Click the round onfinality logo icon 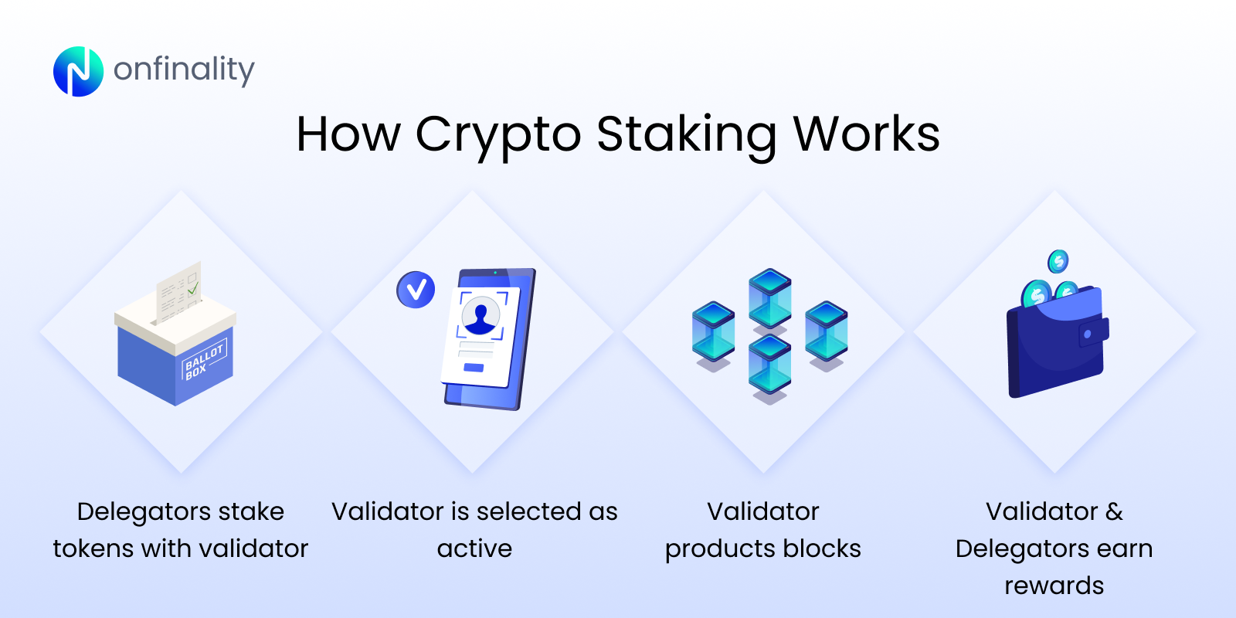[x=78, y=71]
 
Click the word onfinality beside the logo [x=184, y=70]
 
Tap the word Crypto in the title [x=498, y=134]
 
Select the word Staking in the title [x=686, y=134]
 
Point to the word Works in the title [x=866, y=134]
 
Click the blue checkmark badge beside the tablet [x=416, y=290]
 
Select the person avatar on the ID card [x=480, y=316]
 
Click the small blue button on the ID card [x=474, y=368]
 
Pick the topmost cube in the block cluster [x=770, y=297]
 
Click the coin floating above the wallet [x=1058, y=262]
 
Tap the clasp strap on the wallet [x=1093, y=333]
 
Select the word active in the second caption [x=474, y=548]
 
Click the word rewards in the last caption [x=1054, y=586]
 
